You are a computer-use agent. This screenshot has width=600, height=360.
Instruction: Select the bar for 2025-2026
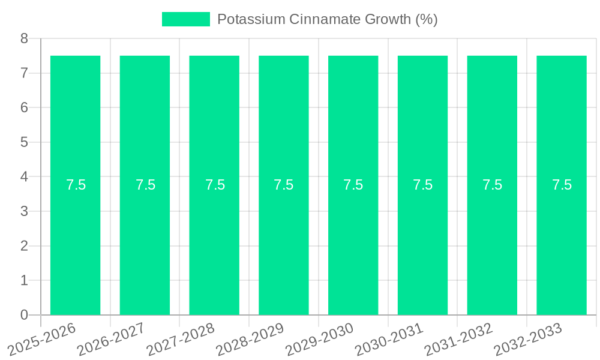point(75,120)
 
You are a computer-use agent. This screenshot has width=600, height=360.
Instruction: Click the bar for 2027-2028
point(214,120)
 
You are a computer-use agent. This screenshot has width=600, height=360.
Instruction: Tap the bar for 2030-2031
point(422,120)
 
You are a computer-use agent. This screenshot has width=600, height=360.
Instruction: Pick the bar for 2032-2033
point(562,120)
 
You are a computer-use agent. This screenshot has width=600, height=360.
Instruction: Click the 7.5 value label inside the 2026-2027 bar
point(145,185)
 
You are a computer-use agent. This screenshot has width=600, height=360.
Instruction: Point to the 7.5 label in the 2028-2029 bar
point(284,185)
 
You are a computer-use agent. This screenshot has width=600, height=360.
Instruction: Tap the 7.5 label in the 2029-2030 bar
point(353,185)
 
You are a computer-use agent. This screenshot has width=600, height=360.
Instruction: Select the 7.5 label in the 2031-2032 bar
point(492,185)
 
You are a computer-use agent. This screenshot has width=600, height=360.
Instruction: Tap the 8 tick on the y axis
point(24,39)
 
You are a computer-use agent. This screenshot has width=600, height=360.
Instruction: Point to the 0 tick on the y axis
point(24,315)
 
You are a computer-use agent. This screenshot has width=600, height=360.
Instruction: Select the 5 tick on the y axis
point(24,143)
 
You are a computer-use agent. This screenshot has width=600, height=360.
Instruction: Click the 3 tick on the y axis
point(24,212)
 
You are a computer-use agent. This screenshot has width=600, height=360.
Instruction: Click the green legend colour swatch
point(186,19)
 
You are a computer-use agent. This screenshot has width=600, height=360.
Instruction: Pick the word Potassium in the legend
point(251,19)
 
